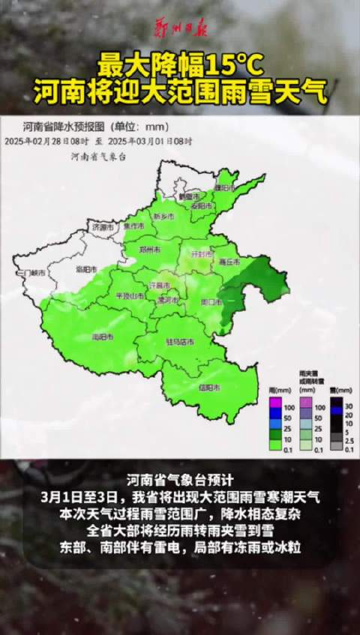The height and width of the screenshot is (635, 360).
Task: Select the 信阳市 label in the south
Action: pyautogui.click(x=209, y=388)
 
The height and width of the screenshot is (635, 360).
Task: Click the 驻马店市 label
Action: pyautogui.click(x=180, y=342)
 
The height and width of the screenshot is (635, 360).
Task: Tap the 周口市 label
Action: pyautogui.click(x=211, y=301)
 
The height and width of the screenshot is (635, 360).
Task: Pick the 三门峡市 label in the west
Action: pyautogui.click(x=34, y=272)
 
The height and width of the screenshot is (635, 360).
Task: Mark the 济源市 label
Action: pyautogui.click(x=103, y=226)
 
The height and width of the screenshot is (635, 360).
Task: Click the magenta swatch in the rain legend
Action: pyautogui.click(x=275, y=404)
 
